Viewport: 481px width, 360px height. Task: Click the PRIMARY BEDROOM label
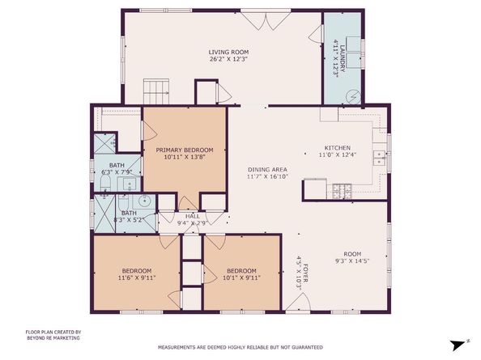(x=184, y=150)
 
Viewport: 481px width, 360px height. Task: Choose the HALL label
(x=192, y=216)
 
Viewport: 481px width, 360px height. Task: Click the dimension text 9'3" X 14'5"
(x=352, y=260)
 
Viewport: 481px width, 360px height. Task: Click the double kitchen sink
(x=377, y=157)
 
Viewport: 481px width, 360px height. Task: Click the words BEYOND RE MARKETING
(x=53, y=337)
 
